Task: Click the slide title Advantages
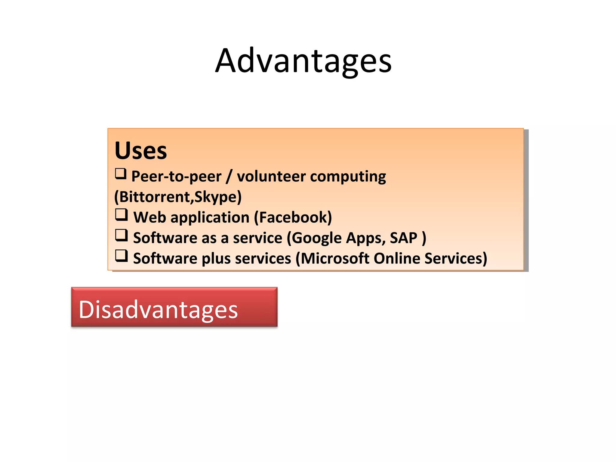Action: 303,61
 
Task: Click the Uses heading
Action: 140,150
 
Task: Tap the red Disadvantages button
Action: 174,307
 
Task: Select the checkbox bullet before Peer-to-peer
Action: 121,174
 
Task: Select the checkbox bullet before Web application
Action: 122,215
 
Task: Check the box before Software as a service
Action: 122,236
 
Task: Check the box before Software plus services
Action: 122,256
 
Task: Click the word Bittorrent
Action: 155,197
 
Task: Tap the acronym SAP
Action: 403,238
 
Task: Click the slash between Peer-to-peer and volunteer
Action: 229,177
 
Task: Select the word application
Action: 210,218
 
